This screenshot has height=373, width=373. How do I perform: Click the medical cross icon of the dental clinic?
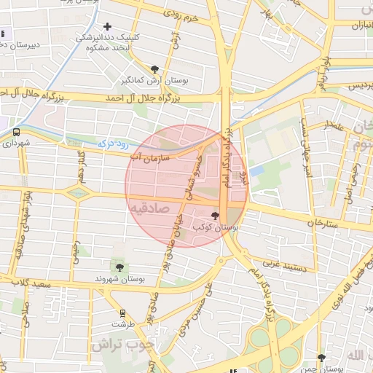[108, 28]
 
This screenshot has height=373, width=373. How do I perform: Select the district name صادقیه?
[150, 208]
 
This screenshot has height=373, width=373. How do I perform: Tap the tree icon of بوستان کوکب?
[214, 215]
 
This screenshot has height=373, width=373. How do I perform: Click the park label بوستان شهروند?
[120, 278]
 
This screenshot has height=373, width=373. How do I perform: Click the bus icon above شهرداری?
[16, 133]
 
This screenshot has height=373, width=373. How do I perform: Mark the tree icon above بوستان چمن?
[321, 357]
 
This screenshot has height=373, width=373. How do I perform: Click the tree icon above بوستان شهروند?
[119, 267]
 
